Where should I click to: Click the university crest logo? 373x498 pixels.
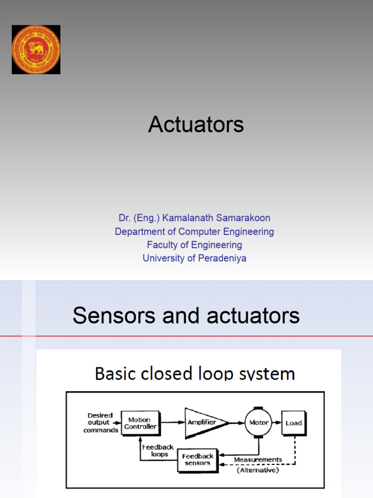coord(36,50)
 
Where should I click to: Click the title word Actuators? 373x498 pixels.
coord(196,125)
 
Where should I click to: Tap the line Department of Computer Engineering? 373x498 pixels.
coord(194,231)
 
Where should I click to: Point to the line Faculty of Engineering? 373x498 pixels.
coord(194,245)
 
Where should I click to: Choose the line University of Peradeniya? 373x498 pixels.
coord(194,258)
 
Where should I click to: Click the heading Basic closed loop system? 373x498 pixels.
coord(195,373)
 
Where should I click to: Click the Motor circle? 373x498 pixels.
coord(259,423)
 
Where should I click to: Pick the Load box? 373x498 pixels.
coord(293,423)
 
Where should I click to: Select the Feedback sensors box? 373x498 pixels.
coord(198,460)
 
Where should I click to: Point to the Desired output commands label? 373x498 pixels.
coord(100,423)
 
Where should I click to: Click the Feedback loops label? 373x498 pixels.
coord(157,451)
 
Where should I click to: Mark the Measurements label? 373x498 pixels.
coord(257,460)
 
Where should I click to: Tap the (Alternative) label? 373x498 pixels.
coord(257,470)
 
